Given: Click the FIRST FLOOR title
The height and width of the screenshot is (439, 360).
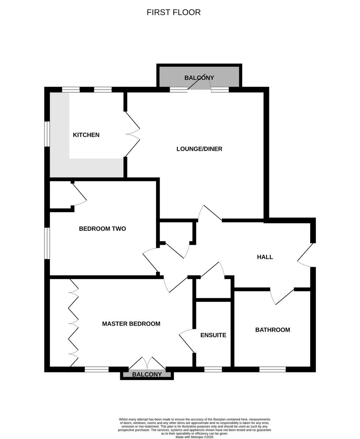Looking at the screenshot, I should (x=174, y=12).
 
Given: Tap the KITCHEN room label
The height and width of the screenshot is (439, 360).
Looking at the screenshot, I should (x=86, y=135).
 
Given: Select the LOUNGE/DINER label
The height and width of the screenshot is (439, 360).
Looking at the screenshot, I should (x=199, y=149).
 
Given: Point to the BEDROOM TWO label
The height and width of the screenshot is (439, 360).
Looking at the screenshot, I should (x=102, y=229).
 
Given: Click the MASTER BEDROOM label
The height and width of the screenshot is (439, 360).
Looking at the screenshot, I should (x=131, y=324).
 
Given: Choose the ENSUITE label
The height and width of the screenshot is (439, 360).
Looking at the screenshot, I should (x=213, y=335).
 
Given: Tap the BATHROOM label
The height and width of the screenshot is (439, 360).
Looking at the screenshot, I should (x=273, y=330).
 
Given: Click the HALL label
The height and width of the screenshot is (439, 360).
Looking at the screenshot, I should (x=265, y=257).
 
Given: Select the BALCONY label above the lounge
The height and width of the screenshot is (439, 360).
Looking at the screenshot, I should (x=199, y=78).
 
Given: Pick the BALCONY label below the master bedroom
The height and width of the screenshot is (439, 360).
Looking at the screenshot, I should (x=147, y=375).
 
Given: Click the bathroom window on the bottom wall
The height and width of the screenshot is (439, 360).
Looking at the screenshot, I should (x=272, y=369).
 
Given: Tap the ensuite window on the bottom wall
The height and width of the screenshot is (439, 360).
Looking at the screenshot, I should (x=213, y=369).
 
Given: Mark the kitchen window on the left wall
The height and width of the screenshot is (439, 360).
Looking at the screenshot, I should (x=47, y=134).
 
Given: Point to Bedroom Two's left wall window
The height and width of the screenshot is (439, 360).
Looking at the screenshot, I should (x=47, y=243).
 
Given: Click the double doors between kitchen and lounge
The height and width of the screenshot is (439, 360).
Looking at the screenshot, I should (x=133, y=134).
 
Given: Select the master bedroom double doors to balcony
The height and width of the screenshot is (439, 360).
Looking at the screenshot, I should (x=147, y=364).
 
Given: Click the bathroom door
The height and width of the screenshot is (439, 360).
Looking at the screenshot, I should (x=283, y=296).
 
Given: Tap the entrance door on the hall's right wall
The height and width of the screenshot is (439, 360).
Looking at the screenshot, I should (x=306, y=255).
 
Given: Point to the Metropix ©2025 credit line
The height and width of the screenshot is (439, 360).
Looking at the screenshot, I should (x=194, y=437).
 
